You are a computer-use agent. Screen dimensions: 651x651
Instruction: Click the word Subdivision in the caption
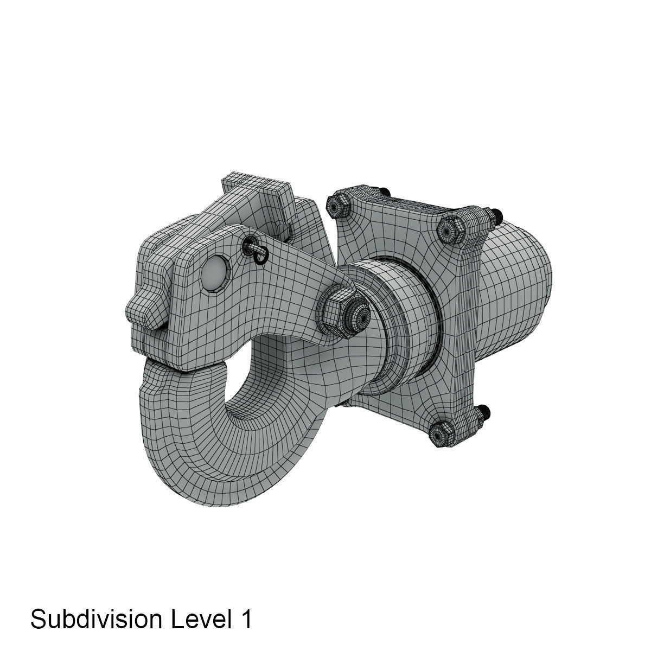[x=95, y=619]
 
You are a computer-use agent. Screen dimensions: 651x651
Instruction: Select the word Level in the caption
[x=196, y=619]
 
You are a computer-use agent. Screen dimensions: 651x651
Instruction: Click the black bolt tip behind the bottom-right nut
[x=484, y=411]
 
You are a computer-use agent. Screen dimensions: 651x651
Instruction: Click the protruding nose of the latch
[x=142, y=309]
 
